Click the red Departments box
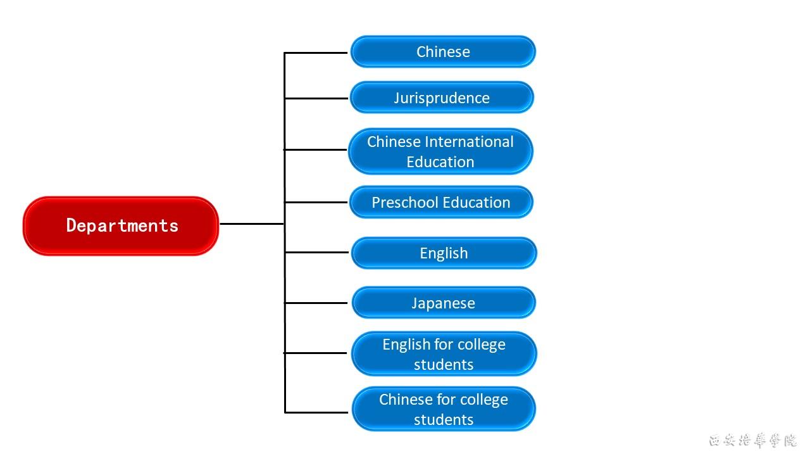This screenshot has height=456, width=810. (121, 225)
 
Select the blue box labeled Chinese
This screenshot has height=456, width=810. (443, 52)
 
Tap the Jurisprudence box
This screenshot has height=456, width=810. (442, 98)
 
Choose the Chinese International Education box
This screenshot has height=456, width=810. (440, 151)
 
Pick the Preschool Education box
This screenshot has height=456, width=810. (441, 203)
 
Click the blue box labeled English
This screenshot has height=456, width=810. (444, 253)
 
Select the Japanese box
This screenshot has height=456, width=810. (443, 303)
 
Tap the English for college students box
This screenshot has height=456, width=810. (444, 354)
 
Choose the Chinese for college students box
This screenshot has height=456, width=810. (444, 409)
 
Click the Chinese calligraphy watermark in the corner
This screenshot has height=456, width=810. (752, 440)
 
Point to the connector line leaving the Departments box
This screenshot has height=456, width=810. (251, 224)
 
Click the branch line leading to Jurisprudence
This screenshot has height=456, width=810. (316, 98)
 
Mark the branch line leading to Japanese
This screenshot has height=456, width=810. (316, 303)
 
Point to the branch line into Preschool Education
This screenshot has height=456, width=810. (316, 202)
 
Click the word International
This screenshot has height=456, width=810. (469, 142)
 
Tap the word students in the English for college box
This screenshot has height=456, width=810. (444, 365)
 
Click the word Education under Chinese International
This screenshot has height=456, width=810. (440, 162)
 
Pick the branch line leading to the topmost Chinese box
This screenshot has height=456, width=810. (316, 53)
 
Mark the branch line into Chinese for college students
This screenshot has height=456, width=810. (316, 412)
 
